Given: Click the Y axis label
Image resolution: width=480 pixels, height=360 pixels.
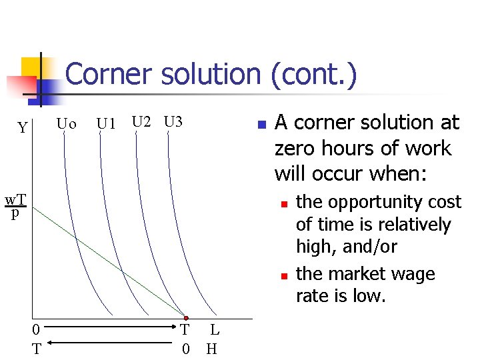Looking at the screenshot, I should pos(23,127).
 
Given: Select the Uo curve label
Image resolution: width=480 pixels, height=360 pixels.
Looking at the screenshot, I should pos(67,124).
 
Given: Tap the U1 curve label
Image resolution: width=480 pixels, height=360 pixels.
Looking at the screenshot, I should pos(106,124).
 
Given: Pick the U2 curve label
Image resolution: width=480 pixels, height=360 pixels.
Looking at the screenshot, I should pos(141,122).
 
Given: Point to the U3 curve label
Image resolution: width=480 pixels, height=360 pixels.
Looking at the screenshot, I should pos(173,122).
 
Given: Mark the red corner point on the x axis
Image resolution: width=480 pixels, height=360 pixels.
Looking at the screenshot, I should pos(186,318).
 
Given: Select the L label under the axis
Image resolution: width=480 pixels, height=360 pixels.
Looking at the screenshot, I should pos(214,329).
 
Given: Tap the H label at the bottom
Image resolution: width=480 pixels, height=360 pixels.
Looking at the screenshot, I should pos(212,348).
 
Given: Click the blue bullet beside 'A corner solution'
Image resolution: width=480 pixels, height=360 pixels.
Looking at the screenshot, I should pos(262,125).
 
